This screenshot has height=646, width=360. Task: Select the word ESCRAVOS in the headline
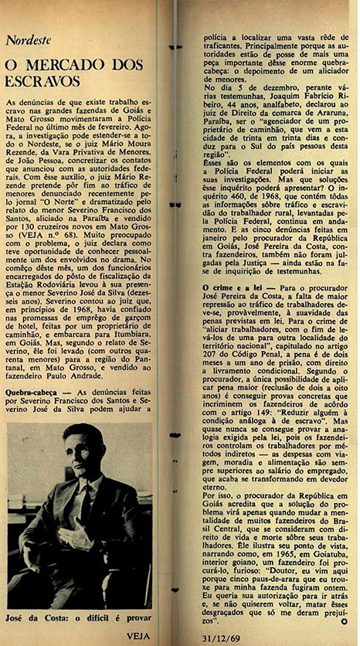(x=37, y=80)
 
